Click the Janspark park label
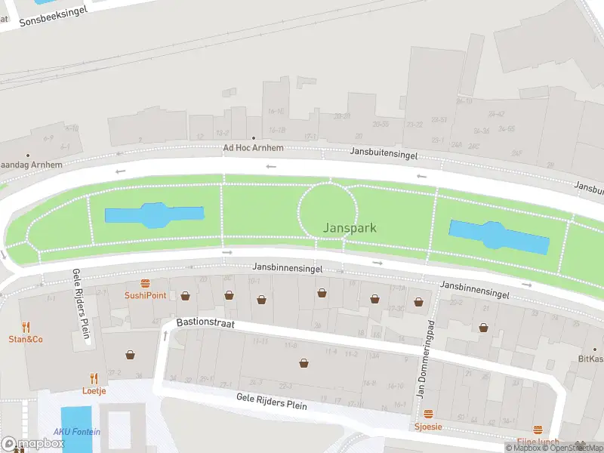(350, 227)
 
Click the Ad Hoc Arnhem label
(253, 148)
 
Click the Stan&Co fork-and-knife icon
(26, 327)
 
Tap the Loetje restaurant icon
(94, 379)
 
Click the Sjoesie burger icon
(428, 414)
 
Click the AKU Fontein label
(76, 432)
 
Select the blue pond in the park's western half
(153, 215)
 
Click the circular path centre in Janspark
(328, 210)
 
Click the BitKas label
(591, 359)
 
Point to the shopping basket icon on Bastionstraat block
(304, 363)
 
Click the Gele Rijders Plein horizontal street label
(272, 400)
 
